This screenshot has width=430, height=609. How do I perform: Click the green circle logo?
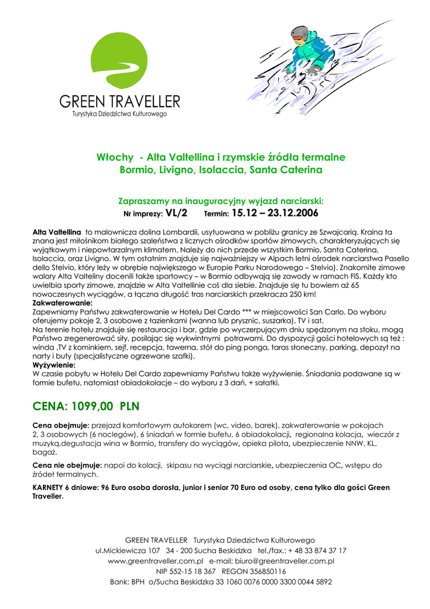(x=118, y=61)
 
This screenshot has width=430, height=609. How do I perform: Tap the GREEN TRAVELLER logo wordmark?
(x=119, y=101)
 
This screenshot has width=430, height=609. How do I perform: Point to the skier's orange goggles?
(x=298, y=37)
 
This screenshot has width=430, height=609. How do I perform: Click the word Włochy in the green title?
(x=115, y=158)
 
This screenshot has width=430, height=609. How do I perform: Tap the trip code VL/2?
(x=176, y=213)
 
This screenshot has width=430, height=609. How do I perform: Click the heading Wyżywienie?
(x=53, y=365)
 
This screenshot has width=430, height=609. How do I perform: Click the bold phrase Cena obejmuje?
(x=61, y=426)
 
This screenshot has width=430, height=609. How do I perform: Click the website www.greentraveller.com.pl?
(x=156, y=561)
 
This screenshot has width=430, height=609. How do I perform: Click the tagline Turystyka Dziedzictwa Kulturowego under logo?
(x=119, y=113)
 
